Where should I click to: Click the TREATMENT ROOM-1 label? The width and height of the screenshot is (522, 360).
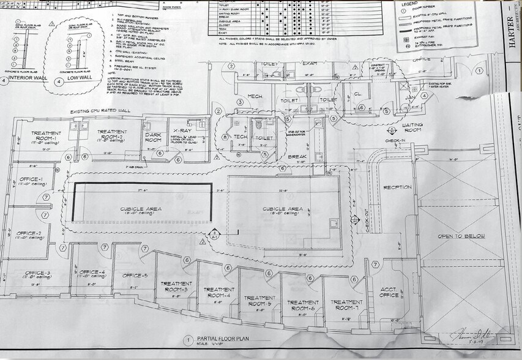(x=43, y=136)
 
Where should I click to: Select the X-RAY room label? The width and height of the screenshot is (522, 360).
(x=183, y=132)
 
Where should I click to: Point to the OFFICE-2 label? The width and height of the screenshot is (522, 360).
(x=29, y=233)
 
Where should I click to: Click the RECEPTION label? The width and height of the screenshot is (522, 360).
(x=397, y=187)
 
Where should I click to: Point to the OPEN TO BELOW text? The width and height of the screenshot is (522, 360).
(x=461, y=236)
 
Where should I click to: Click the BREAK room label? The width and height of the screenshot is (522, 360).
(x=297, y=157)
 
